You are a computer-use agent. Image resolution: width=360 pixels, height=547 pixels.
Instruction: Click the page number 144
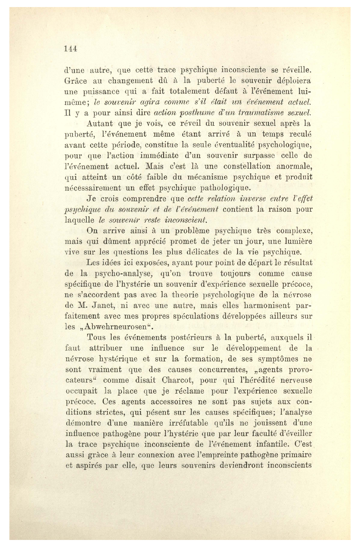(x=71, y=49)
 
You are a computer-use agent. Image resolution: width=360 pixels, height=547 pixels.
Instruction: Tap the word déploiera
(x=291, y=81)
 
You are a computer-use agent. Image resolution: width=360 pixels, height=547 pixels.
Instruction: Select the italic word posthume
(x=181, y=113)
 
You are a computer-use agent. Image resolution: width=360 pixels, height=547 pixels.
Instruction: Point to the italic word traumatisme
(x=261, y=113)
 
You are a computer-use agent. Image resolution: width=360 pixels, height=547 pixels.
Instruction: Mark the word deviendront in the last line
(x=239, y=466)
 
